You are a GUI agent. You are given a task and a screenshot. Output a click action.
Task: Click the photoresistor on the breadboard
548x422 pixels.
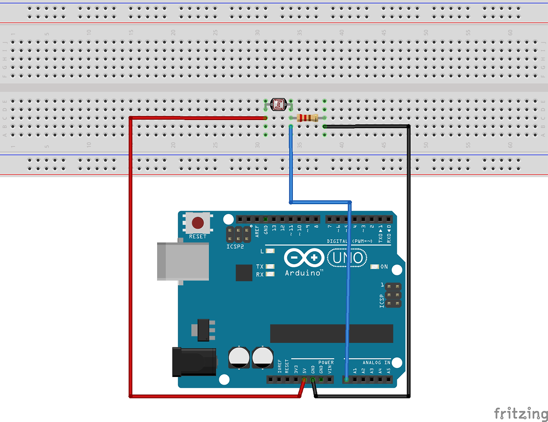[x=278, y=104]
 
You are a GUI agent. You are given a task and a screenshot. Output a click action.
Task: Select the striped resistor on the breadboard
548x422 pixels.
[x=307, y=118]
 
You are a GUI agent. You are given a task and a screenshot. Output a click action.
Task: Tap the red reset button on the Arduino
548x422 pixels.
[x=197, y=223]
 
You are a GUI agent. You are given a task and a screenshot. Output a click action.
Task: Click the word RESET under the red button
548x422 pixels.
[x=197, y=237]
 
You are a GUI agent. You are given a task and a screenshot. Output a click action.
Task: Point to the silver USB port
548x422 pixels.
[x=183, y=261]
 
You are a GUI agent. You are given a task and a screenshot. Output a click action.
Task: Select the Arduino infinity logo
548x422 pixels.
[x=304, y=258]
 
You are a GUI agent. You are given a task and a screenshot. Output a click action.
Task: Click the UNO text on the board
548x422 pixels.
[x=348, y=258]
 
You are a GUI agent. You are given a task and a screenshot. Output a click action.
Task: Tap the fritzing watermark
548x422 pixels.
[x=520, y=413]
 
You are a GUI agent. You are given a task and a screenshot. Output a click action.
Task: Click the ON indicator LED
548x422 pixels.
[x=375, y=267]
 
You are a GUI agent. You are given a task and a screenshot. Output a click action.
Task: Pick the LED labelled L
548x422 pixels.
[x=270, y=251]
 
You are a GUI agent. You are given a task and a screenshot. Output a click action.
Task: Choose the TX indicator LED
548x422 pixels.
[x=270, y=266]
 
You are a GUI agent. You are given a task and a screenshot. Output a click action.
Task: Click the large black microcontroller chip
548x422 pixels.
[x=331, y=333]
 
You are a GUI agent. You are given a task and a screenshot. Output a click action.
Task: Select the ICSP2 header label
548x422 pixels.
[x=235, y=247]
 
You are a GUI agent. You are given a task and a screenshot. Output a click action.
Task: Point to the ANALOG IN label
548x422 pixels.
[x=376, y=363]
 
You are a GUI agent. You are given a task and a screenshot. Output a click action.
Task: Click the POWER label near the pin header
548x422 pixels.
[x=326, y=363]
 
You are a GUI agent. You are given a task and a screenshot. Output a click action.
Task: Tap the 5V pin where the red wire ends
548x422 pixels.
[x=304, y=380]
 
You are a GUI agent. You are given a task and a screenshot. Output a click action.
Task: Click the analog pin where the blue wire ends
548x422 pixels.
[x=346, y=380]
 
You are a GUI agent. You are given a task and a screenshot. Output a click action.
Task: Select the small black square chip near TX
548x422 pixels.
[x=244, y=273]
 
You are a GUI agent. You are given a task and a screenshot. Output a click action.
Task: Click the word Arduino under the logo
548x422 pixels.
[x=303, y=273]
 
